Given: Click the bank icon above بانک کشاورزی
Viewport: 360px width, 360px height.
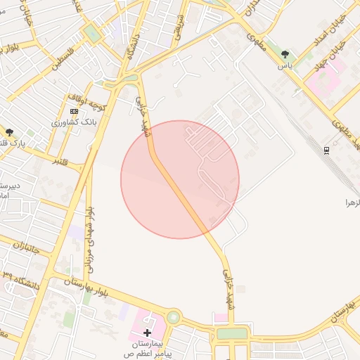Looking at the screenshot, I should pyautogui.click(x=75, y=111).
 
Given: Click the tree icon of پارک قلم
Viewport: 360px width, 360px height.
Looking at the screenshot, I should pyautogui.click(x=9, y=131).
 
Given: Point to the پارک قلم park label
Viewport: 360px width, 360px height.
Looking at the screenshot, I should pyautogui.click(x=12, y=143).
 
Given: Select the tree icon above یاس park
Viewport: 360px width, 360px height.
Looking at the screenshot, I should pyautogui.click(x=285, y=53).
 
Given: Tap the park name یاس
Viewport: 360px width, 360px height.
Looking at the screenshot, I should pyautogui.click(x=285, y=65).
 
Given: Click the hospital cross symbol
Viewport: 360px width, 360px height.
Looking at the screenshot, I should pyautogui.click(x=147, y=332).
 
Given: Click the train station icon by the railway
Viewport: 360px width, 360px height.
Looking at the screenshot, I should pyautogui.click(x=326, y=150).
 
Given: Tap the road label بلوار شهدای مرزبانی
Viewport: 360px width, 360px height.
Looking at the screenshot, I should pyautogui.click(x=90, y=239).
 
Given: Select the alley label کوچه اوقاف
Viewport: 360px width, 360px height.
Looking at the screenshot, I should pyautogui.click(x=86, y=99).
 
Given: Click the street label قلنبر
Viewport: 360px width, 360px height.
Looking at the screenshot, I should pyautogui.click(x=66, y=162).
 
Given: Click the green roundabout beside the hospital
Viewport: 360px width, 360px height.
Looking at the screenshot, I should pyautogui.click(x=172, y=318).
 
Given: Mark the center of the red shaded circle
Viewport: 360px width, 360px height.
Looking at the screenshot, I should pyautogui.click(x=180, y=179).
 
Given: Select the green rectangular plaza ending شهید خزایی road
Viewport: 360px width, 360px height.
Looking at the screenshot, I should pyautogui.click(x=232, y=333).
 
